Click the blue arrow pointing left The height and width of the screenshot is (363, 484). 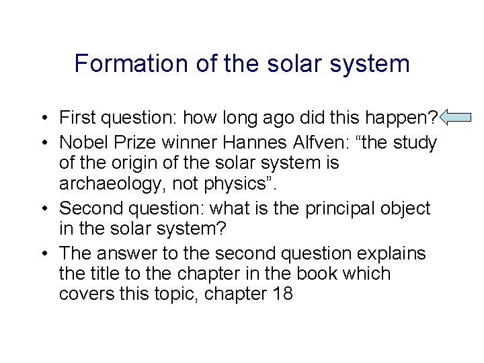(x=456, y=118)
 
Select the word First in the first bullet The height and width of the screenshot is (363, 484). (x=77, y=118)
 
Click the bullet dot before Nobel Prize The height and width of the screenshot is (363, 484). (x=42, y=143)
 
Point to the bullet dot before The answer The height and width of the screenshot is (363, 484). (x=42, y=253)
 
